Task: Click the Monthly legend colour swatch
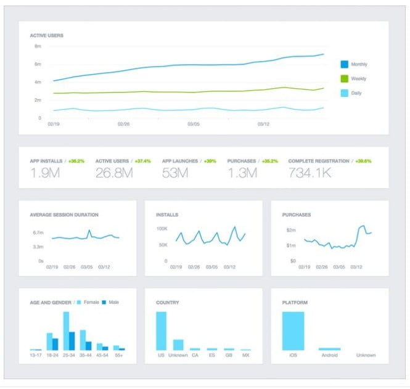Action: click(x=345, y=64)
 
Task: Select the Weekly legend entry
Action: click(x=358, y=79)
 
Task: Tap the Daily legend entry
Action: click(x=356, y=94)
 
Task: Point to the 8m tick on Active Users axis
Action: click(x=38, y=46)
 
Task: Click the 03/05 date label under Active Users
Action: click(x=194, y=124)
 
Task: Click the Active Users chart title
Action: click(x=47, y=36)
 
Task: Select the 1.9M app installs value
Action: click(x=45, y=173)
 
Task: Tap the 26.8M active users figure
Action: click(x=114, y=173)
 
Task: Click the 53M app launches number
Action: click(x=175, y=173)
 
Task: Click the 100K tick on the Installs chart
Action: click(x=162, y=229)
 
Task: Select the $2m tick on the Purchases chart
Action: click(x=290, y=229)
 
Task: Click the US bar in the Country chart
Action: click(x=161, y=331)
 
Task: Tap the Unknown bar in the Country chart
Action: click(x=178, y=345)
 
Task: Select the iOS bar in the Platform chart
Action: click(x=293, y=331)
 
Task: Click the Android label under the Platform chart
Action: click(x=329, y=356)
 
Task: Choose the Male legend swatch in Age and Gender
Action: click(x=104, y=303)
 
